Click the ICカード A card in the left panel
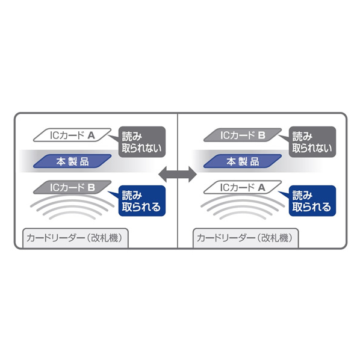[72, 135]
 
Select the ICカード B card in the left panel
[72, 187]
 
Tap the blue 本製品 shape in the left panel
[72, 161]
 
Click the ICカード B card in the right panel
[243, 135]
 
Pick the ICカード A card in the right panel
[243, 187]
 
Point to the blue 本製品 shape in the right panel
[243, 161]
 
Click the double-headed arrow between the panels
[178, 174]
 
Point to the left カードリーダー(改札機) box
[75, 238]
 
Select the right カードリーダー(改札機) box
[246, 238]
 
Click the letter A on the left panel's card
[91, 135]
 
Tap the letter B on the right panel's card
[261, 135]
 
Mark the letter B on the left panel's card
[91, 188]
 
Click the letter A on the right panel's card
[261, 188]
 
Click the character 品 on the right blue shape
[255, 161]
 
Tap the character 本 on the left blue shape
[61, 161]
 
